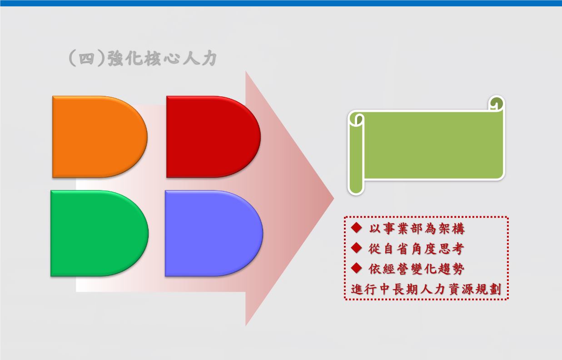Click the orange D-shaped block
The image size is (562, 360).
(x=99, y=137)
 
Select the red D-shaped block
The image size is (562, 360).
(x=213, y=137)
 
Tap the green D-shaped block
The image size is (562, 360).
(x=99, y=234)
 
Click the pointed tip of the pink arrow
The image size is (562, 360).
(x=334, y=198)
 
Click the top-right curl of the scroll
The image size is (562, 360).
(x=497, y=103)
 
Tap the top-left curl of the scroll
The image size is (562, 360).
(x=357, y=119)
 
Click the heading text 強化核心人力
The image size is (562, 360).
(x=162, y=59)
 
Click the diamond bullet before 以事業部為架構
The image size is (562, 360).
(x=357, y=228)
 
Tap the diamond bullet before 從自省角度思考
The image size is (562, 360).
(x=357, y=248)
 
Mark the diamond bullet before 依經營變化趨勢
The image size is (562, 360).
(x=357, y=268)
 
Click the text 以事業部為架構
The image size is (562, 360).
(x=417, y=229)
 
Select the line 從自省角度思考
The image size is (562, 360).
(x=416, y=249)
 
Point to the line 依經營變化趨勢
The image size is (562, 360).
(x=417, y=269)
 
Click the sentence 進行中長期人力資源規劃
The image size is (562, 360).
(x=426, y=289)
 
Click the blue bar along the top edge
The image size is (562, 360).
(x=281, y=3)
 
